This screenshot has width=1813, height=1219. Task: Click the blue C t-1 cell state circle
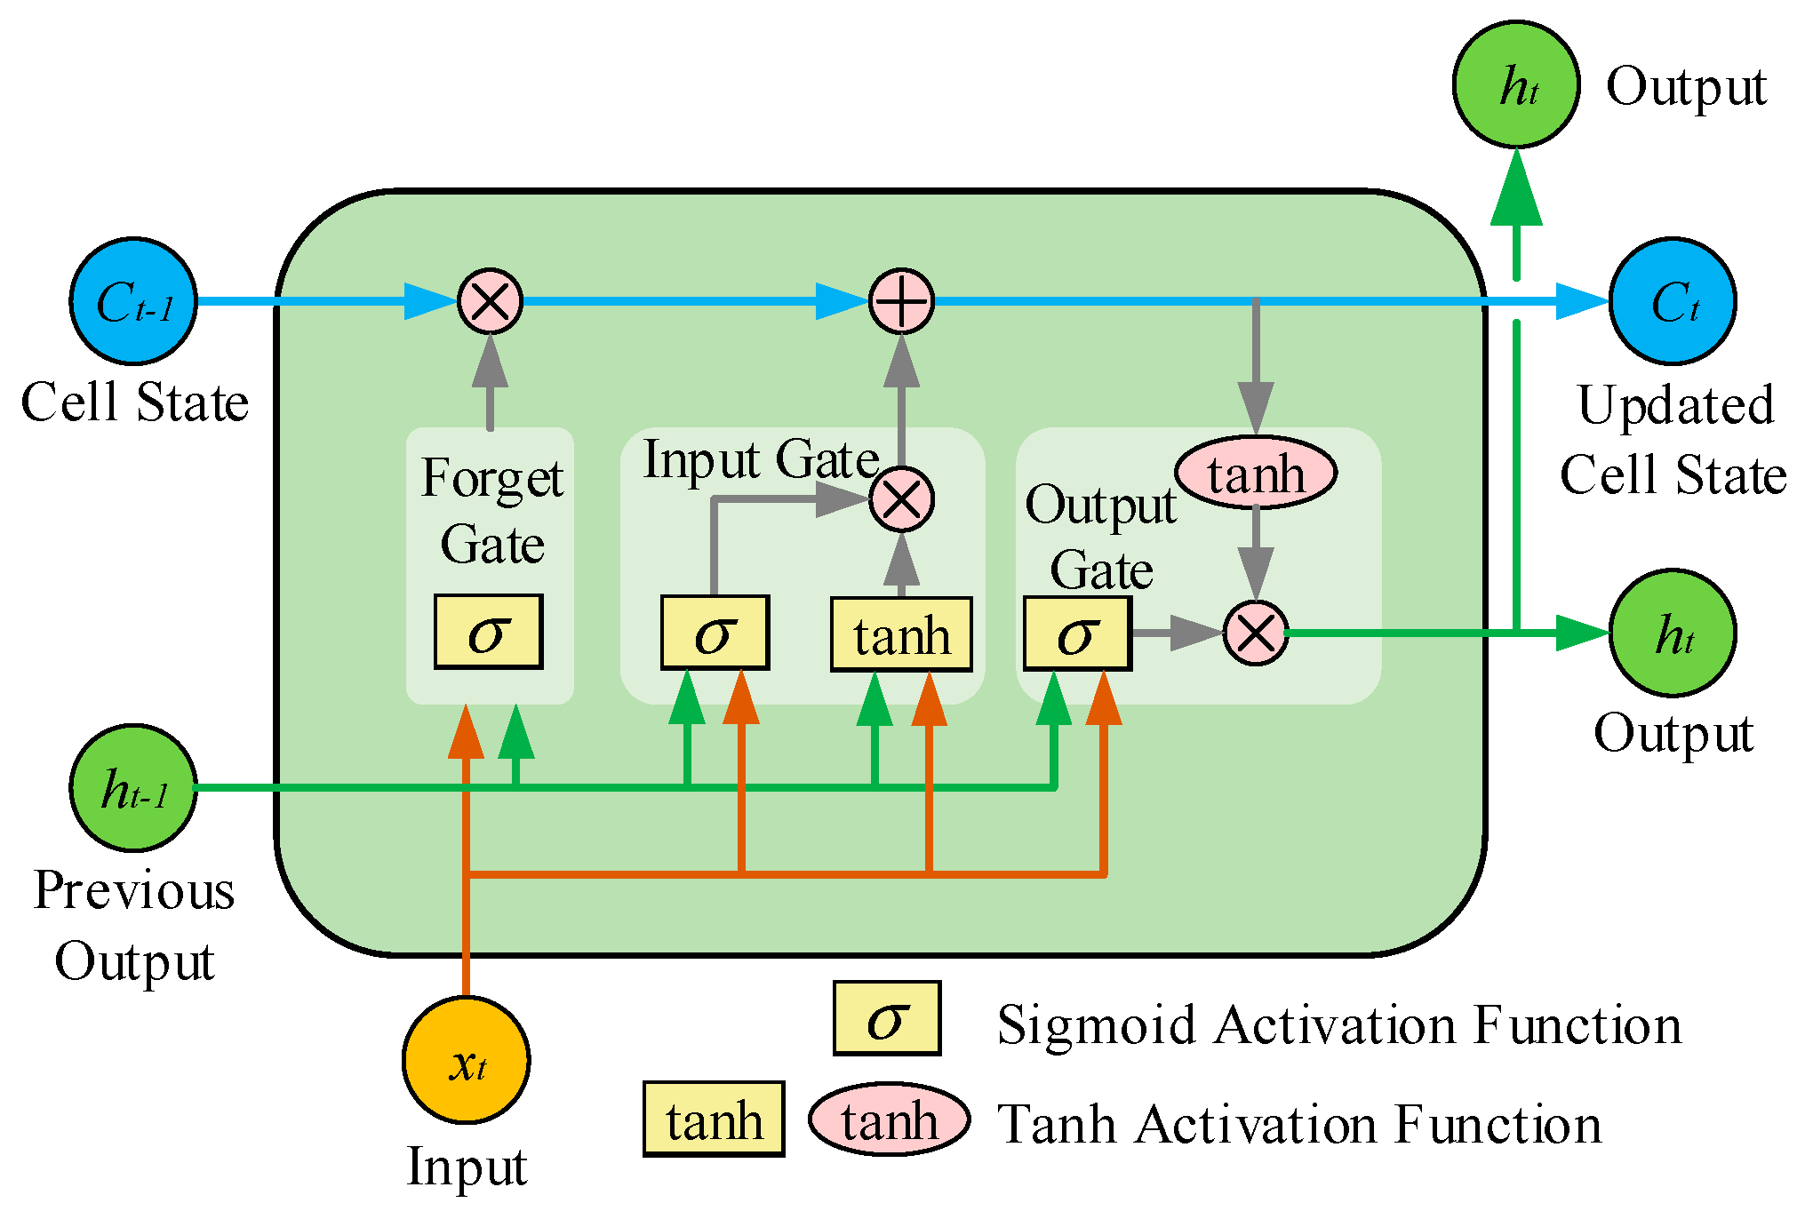(x=133, y=301)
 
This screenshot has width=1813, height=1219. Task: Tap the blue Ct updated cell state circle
(x=1672, y=301)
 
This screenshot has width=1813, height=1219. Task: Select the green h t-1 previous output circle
(x=133, y=788)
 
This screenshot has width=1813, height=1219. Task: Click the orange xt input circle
(x=467, y=1060)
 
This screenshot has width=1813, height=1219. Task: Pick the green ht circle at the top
(x=1516, y=84)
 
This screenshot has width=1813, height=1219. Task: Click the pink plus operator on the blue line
(x=901, y=301)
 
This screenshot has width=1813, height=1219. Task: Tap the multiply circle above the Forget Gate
(x=490, y=301)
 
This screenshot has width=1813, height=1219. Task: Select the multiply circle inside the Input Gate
(x=901, y=499)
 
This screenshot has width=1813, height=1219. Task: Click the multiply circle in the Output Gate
(x=1255, y=633)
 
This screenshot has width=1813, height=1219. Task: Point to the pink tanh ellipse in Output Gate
(x=1255, y=473)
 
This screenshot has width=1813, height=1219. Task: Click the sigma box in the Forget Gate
(x=488, y=632)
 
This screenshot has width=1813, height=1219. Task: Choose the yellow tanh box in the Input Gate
(x=901, y=634)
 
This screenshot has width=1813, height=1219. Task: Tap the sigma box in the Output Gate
(x=1077, y=633)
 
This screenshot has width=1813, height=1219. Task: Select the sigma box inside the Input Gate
(x=715, y=633)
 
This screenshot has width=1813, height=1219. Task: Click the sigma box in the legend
(x=886, y=1018)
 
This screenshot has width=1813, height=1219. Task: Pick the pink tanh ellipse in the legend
(x=889, y=1119)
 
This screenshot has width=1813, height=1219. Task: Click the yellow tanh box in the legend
(x=714, y=1119)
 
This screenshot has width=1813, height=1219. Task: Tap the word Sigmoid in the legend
(x=1096, y=1026)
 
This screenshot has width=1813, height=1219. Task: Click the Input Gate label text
(x=761, y=460)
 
